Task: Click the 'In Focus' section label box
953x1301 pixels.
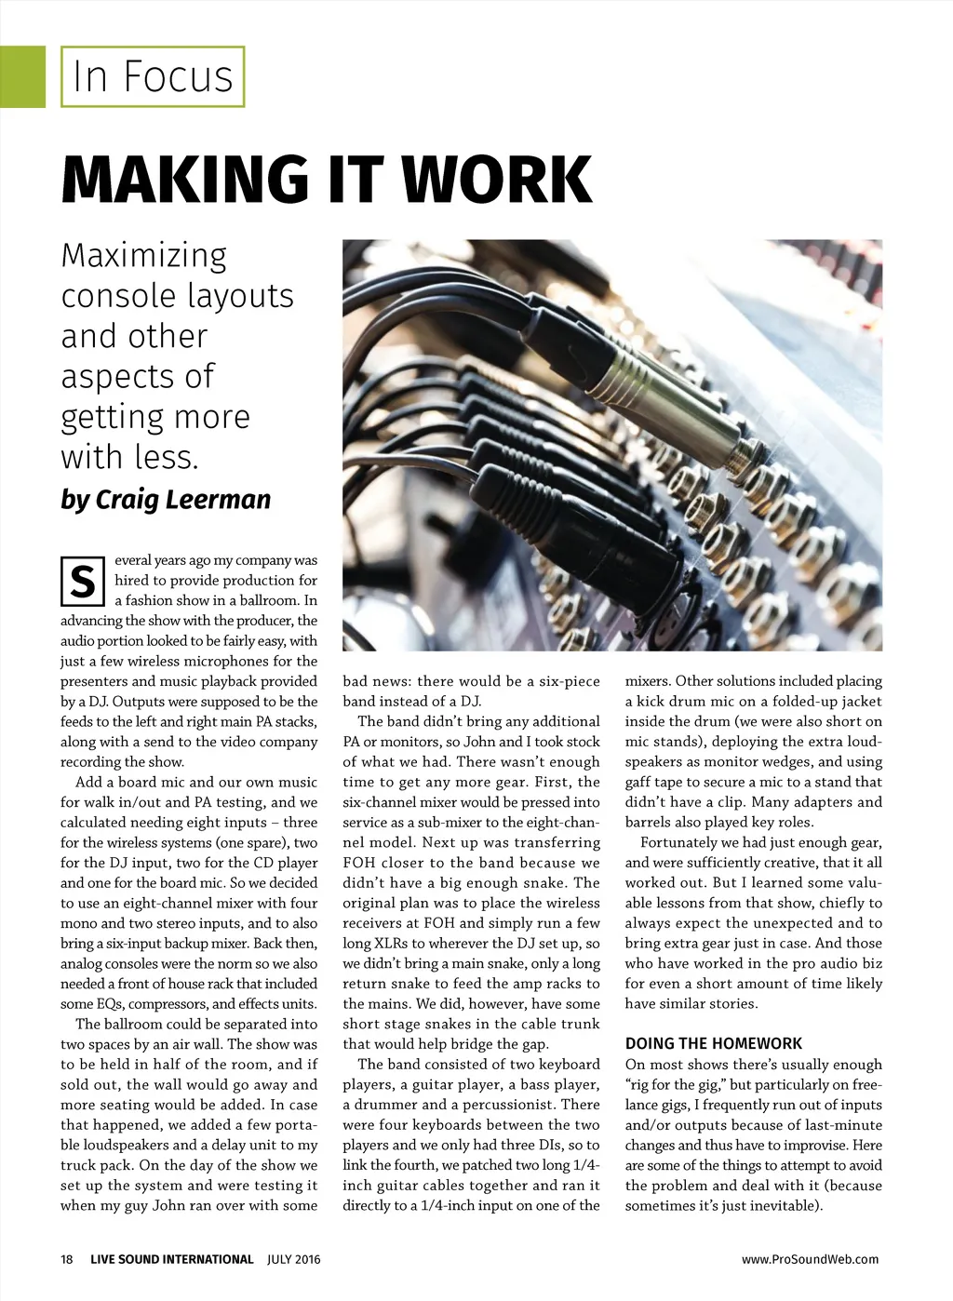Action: [x=153, y=76]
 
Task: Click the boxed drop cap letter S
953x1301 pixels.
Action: [x=82, y=581]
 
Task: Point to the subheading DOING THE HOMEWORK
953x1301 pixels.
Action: [x=713, y=1043]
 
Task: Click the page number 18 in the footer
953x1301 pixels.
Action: [x=67, y=1259]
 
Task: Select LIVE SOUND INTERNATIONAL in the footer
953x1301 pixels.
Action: [x=172, y=1259]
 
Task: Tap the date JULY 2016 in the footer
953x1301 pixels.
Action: [x=293, y=1259]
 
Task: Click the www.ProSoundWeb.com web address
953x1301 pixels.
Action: [x=810, y=1259]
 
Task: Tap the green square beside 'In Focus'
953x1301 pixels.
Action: [x=22, y=76]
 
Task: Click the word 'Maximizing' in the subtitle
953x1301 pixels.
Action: [x=144, y=256]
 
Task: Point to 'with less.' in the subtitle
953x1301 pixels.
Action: [x=130, y=457]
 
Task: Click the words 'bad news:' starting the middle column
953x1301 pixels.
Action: [x=376, y=681]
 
